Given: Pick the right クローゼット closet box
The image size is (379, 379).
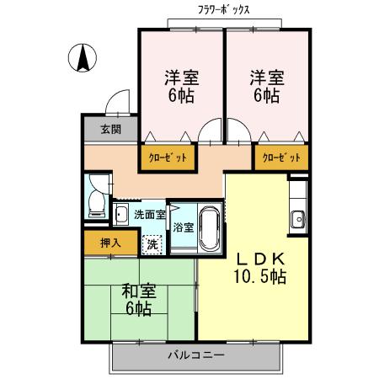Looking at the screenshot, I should point(280,157).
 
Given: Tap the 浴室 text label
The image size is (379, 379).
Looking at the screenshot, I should point(184,227).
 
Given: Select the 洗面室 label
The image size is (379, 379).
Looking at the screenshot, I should point(150,214).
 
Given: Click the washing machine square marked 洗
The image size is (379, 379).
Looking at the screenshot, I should point(152,244).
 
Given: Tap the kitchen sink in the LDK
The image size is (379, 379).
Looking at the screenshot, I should point(297,221).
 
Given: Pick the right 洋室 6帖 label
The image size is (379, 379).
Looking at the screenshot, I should point(266,86).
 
